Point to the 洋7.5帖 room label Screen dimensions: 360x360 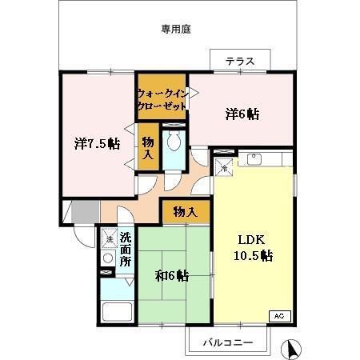[x=98, y=144]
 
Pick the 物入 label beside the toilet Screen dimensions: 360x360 [x=148, y=147]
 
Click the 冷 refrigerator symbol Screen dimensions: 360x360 [x=226, y=168]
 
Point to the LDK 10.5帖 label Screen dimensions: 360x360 [x=252, y=248]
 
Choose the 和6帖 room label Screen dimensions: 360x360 [x=171, y=275]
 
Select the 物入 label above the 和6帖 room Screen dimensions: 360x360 [x=185, y=212]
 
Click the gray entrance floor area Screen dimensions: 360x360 [x=79, y=214]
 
